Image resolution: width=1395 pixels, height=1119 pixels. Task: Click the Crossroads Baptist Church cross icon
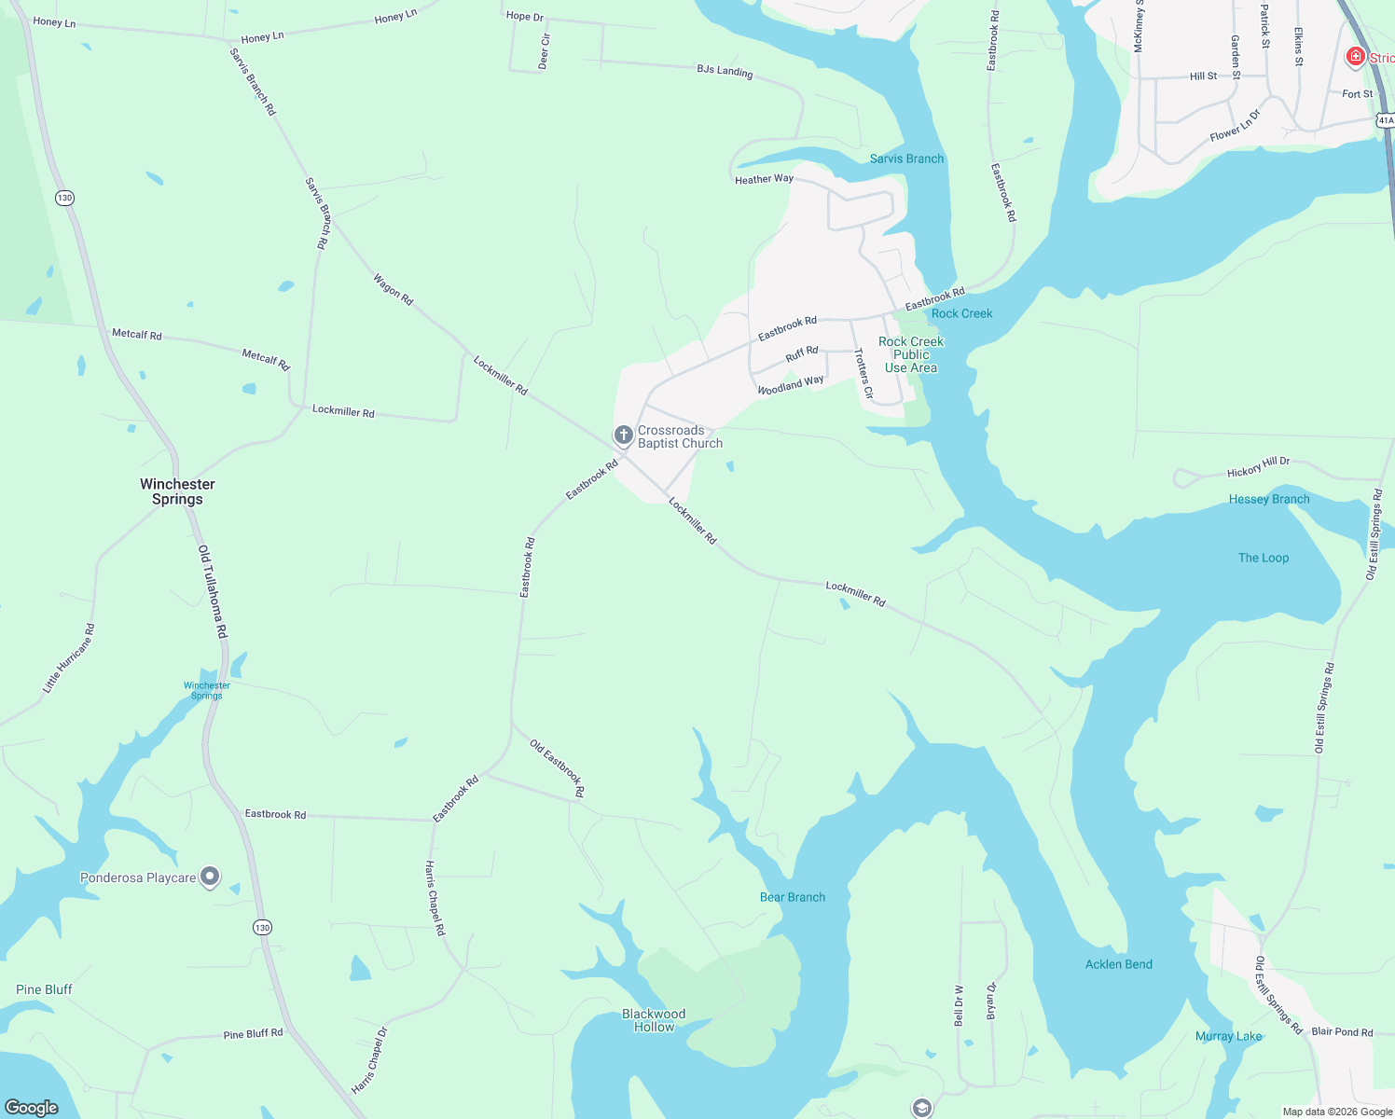[x=623, y=435]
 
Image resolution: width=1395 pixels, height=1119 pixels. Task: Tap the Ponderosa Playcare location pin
[x=211, y=877]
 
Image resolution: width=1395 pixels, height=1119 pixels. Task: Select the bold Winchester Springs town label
[x=177, y=491]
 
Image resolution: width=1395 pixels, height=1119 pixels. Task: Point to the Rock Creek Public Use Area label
[x=911, y=354]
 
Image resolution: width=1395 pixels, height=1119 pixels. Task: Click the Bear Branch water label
[x=793, y=897]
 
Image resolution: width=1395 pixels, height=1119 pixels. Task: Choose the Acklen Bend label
[x=1118, y=964]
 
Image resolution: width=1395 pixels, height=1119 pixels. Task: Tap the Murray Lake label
[x=1228, y=1036]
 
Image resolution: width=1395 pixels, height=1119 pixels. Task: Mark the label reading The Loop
[x=1264, y=558]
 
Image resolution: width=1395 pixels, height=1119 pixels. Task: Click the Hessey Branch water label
[x=1269, y=499]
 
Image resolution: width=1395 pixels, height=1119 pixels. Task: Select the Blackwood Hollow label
[x=654, y=1020]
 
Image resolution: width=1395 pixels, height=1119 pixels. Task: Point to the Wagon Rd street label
[x=393, y=289]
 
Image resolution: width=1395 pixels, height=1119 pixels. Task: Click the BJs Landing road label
[x=725, y=71]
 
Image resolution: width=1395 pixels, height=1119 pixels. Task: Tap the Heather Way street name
[x=764, y=179]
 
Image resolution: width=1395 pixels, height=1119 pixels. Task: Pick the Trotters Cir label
[x=864, y=374]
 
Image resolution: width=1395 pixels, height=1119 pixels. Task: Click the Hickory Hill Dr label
[x=1259, y=466]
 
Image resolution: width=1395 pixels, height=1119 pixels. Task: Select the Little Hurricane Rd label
[x=68, y=658]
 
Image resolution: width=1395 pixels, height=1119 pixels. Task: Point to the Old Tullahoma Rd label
[x=213, y=592]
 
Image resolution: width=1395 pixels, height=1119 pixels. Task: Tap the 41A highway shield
[x=1386, y=120]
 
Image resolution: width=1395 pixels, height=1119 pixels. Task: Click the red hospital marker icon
[x=1356, y=57]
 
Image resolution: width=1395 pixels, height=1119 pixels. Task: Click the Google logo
[x=32, y=1107]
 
